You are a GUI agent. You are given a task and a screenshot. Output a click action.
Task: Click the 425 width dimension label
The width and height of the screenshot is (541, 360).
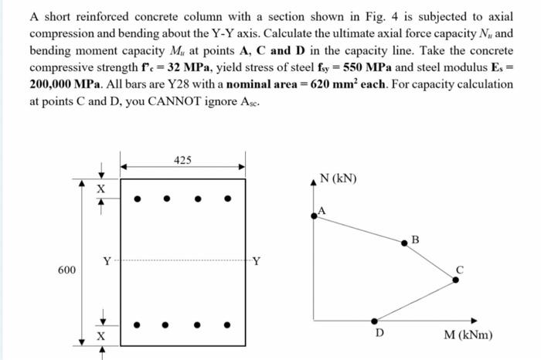click(183, 160)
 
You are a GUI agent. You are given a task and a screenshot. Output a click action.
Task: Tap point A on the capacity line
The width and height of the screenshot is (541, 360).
click(314, 216)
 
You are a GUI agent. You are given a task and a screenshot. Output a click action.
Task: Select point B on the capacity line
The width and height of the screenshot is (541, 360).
click(404, 243)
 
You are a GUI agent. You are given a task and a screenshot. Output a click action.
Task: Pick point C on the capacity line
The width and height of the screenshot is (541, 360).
click(454, 280)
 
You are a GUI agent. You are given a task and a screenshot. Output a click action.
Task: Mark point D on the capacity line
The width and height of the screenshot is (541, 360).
click(375, 321)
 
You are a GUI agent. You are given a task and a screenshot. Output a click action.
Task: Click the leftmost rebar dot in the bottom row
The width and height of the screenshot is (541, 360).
click(138, 325)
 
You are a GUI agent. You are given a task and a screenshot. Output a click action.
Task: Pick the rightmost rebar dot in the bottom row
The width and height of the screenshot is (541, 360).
click(227, 325)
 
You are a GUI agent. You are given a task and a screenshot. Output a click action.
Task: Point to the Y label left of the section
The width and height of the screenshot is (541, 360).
click(105, 260)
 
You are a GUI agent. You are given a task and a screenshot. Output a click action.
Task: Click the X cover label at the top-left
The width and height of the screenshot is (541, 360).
click(99, 189)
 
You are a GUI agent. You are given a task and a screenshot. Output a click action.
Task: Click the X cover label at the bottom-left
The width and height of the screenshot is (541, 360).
click(99, 338)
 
